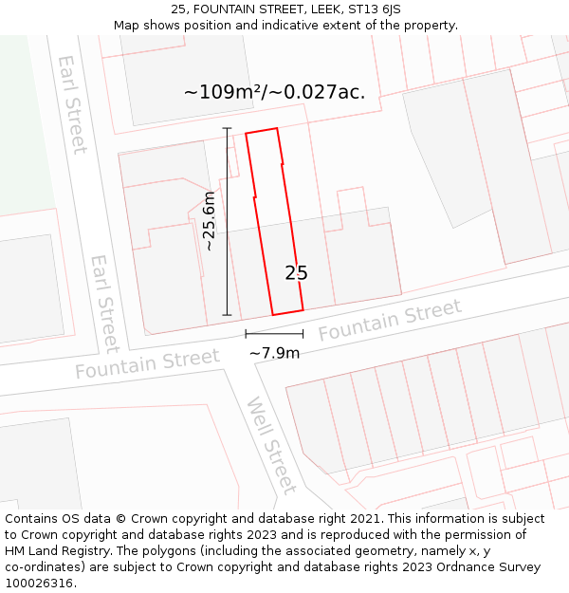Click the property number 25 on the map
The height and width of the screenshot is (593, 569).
[x=296, y=273]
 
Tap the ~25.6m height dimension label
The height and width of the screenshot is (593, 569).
[x=210, y=221]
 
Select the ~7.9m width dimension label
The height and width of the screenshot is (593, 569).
[x=274, y=353]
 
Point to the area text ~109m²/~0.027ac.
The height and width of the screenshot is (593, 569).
[x=274, y=92]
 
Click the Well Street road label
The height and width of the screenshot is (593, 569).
[x=272, y=446]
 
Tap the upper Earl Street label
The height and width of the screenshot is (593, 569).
[x=72, y=103]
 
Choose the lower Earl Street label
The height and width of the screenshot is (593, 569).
[x=104, y=303]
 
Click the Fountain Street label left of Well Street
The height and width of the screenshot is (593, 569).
[x=147, y=363]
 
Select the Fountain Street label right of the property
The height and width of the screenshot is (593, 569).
[x=390, y=320]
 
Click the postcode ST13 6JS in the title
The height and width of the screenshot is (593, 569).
[x=373, y=9]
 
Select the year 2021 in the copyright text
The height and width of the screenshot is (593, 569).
[x=363, y=519]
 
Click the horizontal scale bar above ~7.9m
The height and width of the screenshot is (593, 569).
[x=274, y=334]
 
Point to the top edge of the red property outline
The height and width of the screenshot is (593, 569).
[x=262, y=131]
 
